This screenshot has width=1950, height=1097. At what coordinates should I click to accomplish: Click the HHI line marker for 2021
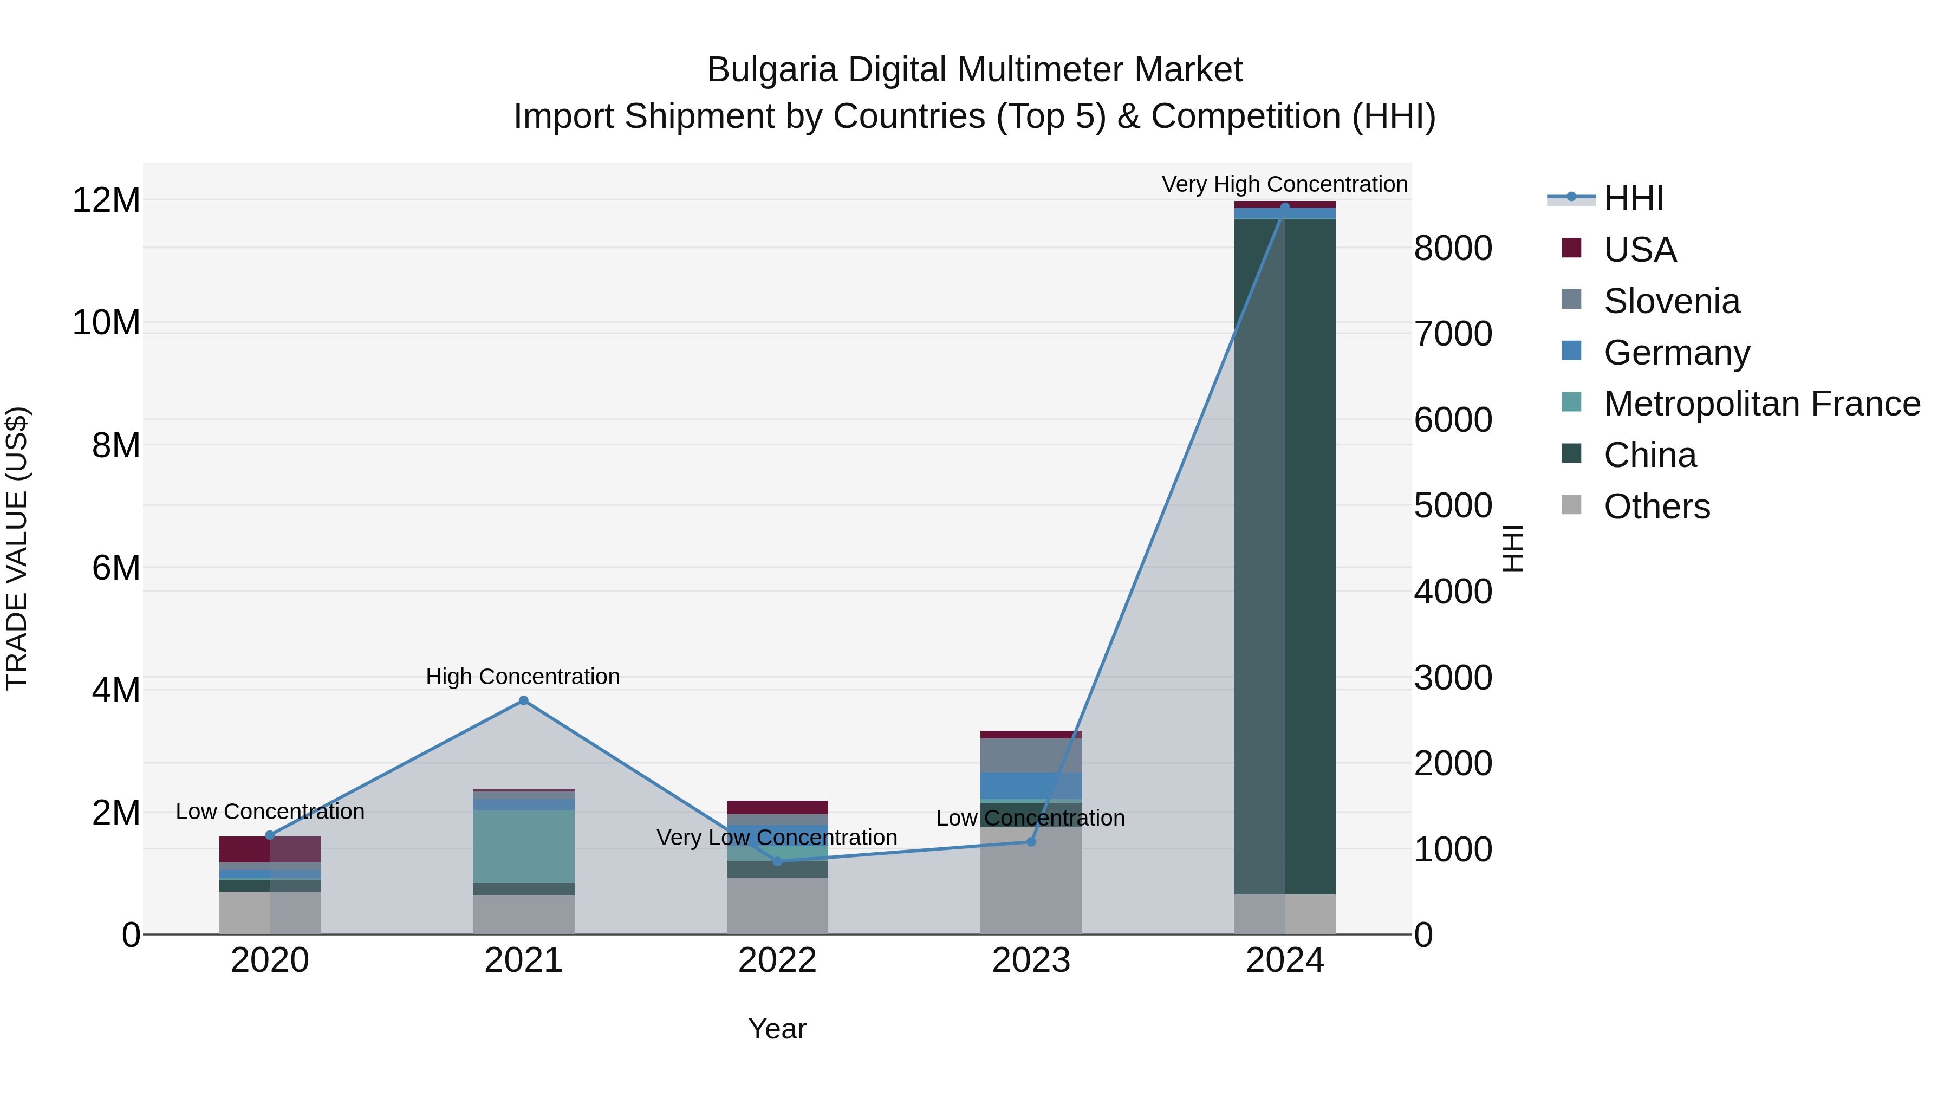coord(523,700)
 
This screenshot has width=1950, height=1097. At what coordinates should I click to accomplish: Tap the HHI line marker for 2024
coord(1285,207)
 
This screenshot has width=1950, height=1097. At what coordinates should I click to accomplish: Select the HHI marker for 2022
coord(777,861)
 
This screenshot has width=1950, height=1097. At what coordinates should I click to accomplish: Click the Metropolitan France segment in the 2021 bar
coord(523,846)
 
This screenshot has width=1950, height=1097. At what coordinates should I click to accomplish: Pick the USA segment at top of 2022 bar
coord(777,807)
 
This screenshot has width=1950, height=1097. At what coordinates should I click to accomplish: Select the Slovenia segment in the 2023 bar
coord(1031,755)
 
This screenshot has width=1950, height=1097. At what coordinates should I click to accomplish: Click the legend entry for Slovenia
coord(1672,301)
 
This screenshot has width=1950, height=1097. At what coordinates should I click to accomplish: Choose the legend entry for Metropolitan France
coord(1761,404)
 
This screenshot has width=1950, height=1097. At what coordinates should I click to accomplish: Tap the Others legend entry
coord(1656,507)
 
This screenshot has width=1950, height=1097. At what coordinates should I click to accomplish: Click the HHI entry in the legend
coord(1634,198)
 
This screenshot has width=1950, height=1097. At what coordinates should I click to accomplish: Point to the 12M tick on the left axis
coord(106,200)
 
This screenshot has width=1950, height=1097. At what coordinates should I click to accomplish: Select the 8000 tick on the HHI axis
coord(1453,248)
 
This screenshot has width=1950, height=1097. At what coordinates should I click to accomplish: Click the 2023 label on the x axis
coord(1031,960)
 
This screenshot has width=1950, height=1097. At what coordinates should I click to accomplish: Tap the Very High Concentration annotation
coord(1285,184)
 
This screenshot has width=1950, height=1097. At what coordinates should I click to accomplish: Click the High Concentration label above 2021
coord(523,676)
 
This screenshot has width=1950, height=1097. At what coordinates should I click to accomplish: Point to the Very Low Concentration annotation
coord(777,838)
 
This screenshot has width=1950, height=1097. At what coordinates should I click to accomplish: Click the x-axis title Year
coord(777,1029)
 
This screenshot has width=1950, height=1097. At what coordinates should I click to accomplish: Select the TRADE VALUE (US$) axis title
coord(17,548)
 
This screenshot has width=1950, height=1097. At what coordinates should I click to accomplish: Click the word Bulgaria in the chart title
coord(771,70)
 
